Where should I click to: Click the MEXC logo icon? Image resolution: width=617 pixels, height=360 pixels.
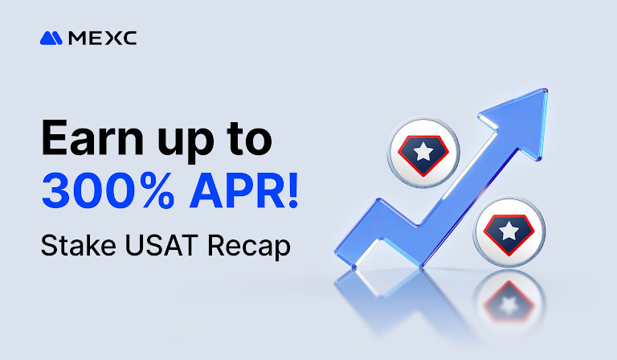51,37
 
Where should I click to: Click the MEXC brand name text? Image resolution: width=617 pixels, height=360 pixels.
102,37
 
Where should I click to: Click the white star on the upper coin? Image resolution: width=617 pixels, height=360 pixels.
423,150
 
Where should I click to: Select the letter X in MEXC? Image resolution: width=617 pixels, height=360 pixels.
112,37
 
